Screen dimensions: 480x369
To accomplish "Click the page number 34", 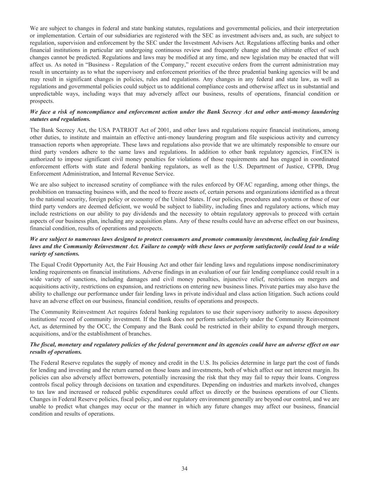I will tap(184, 468).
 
